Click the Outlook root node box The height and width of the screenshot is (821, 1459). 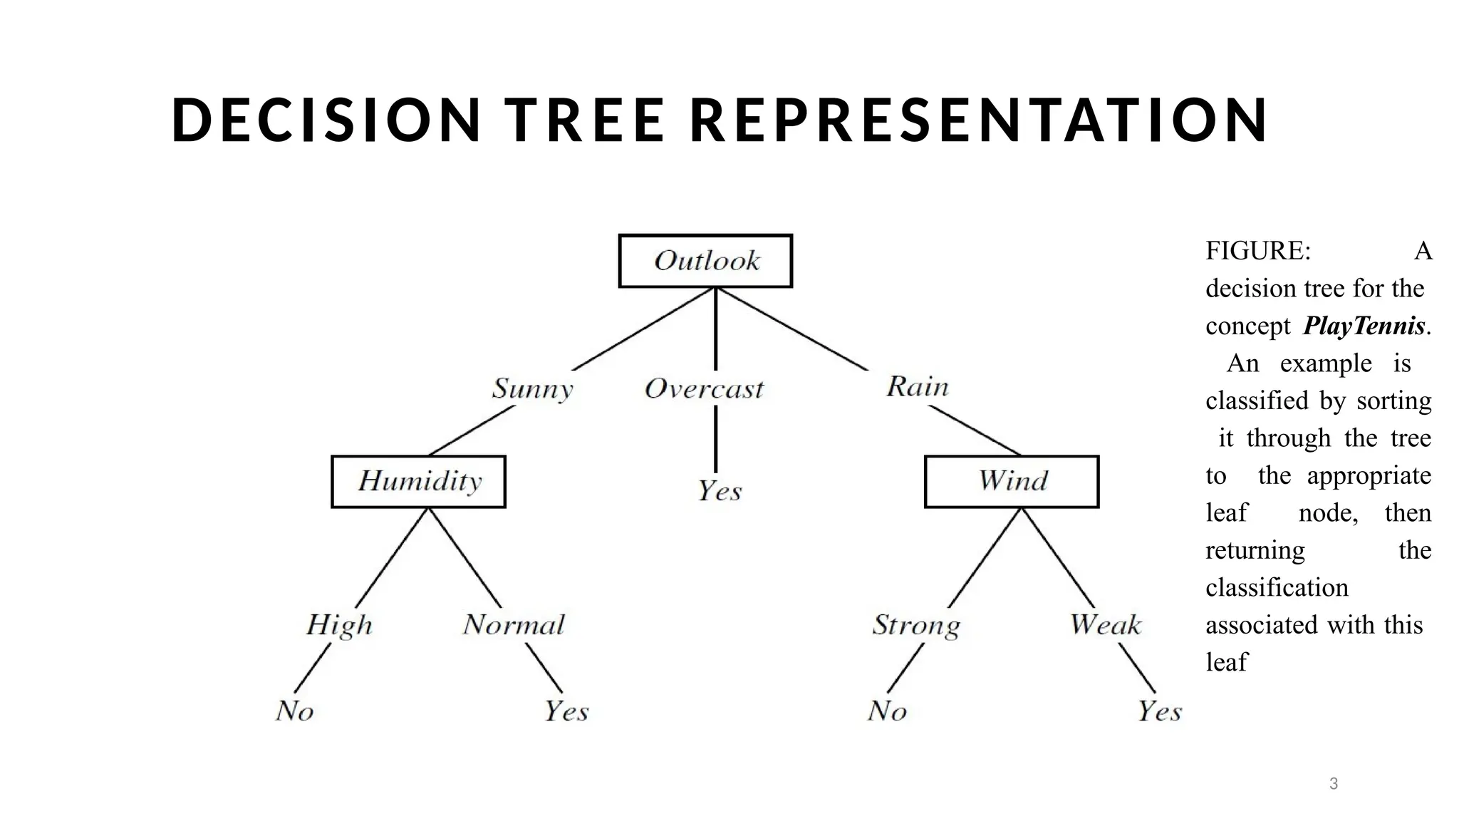[705, 261]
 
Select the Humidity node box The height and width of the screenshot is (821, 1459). [419, 481]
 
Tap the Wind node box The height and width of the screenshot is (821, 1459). [1012, 481]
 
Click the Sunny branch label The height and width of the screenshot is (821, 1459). [532, 389]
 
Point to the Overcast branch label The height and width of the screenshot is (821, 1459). [704, 389]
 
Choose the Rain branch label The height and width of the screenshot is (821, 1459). [918, 387]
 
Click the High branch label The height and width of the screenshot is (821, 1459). [339, 625]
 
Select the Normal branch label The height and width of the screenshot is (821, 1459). [514, 625]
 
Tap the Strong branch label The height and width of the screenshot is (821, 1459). [916, 625]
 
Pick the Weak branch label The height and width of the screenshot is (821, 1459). [1105, 625]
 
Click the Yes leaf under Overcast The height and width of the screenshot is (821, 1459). [720, 491]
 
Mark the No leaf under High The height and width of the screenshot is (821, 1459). [294, 711]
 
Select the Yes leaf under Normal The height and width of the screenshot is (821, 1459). [566, 711]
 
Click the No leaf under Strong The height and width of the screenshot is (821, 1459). [887, 711]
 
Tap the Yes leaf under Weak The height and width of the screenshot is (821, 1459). [1159, 711]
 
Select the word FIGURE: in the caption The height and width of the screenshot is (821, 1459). [1258, 251]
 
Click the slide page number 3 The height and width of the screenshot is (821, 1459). [1334, 784]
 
